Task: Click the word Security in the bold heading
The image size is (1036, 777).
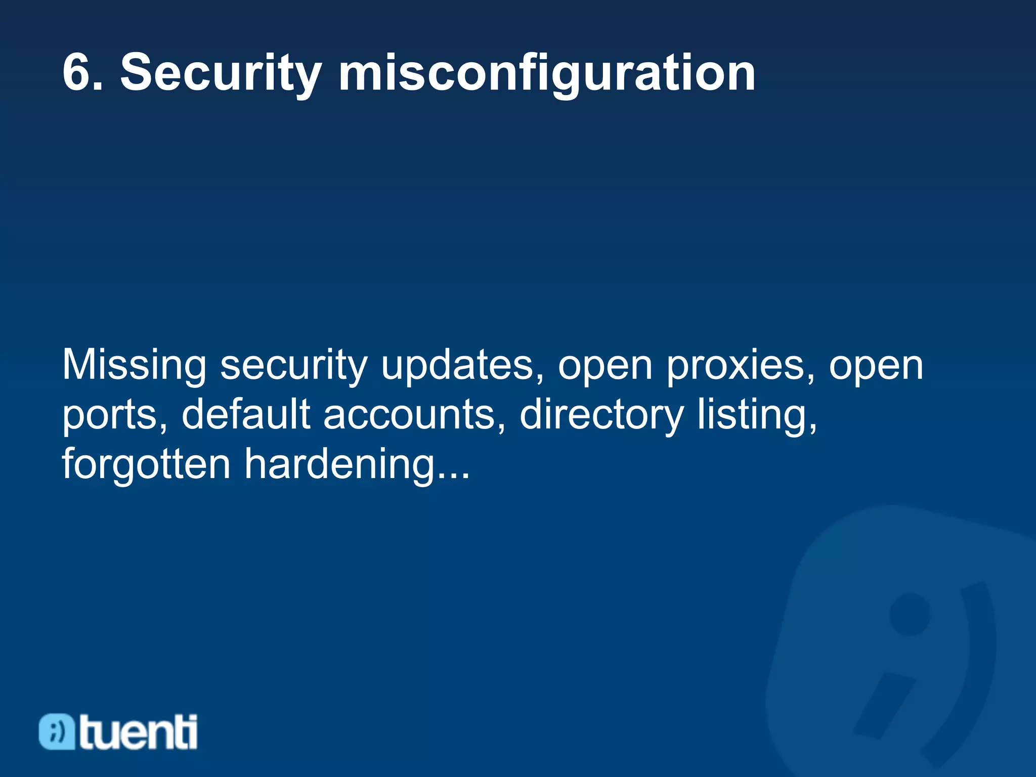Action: click(x=221, y=74)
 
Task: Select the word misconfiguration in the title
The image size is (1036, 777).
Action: click(x=547, y=74)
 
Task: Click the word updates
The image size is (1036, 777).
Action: click(x=462, y=365)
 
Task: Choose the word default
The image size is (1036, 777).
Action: click(x=246, y=414)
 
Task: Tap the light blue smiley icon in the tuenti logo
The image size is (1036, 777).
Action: click(x=57, y=731)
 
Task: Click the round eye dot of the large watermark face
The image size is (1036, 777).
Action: click(x=910, y=614)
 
